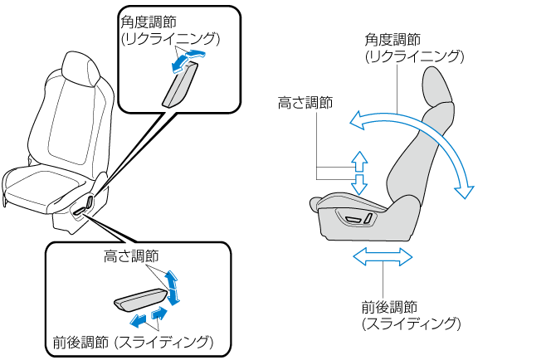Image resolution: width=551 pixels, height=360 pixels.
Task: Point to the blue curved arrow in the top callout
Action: (188, 56)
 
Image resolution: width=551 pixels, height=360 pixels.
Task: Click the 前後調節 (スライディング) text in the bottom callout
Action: (133, 341)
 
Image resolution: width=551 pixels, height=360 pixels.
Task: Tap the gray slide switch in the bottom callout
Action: (142, 298)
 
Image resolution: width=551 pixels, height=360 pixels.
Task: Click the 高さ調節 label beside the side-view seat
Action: (305, 103)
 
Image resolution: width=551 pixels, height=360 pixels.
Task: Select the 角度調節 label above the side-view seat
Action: (393, 40)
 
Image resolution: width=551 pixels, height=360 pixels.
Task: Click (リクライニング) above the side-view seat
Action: (414, 56)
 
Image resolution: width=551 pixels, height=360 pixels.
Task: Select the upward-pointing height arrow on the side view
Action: (358, 160)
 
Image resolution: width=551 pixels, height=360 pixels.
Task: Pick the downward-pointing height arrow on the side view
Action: (358, 183)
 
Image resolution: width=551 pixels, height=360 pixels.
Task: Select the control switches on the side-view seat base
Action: (355, 218)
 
